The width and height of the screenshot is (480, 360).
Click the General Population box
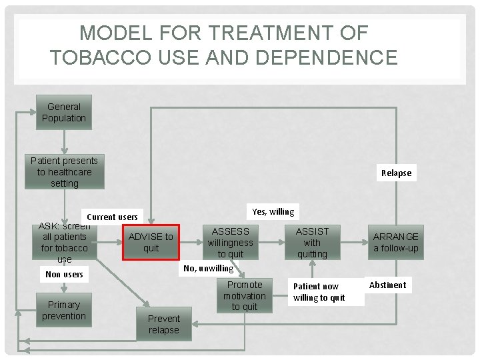pyautogui.click(x=64, y=113)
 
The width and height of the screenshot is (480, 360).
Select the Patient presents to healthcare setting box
pyautogui.click(x=64, y=172)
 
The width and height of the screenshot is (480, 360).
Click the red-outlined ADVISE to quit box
pyautogui.click(x=151, y=242)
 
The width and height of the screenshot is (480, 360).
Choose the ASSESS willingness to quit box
pyautogui.click(x=231, y=243)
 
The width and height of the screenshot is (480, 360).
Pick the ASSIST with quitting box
pyautogui.click(x=312, y=243)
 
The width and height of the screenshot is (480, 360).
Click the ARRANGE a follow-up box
pyautogui.click(x=396, y=243)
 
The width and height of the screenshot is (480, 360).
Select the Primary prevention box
pyautogui.click(x=64, y=311)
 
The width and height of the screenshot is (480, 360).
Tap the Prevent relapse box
pyautogui.click(x=164, y=324)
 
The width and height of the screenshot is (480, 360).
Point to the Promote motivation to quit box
pyautogui.click(x=245, y=295)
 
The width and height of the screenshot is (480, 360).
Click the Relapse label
pyautogui.click(x=396, y=173)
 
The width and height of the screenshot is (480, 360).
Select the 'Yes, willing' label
pyautogui.click(x=273, y=212)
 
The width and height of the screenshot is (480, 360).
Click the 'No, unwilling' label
pyautogui.click(x=209, y=268)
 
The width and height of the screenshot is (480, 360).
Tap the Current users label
pyautogui.click(x=112, y=217)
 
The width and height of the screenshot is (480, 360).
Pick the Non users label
pyautogui.click(x=64, y=274)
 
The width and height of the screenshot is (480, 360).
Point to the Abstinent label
pyautogui.click(x=387, y=285)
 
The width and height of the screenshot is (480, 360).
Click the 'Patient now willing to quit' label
pyautogui.click(x=319, y=292)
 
